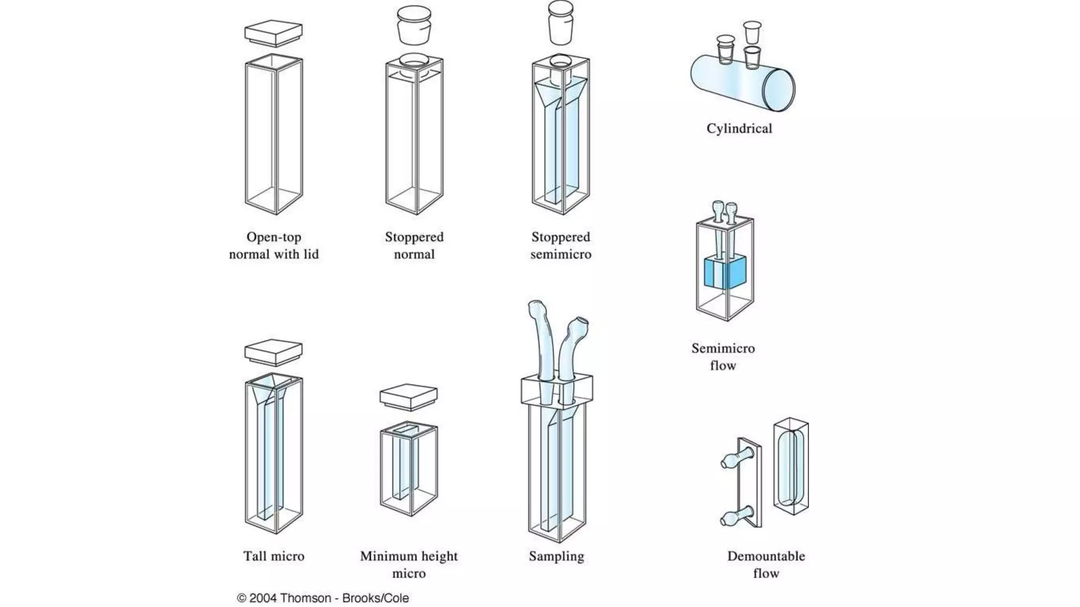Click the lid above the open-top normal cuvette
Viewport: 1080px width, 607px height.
click(274, 33)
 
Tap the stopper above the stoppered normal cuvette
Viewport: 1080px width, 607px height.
click(414, 25)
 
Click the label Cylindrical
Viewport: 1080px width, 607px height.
click(739, 129)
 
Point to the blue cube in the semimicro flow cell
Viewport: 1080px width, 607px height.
click(725, 273)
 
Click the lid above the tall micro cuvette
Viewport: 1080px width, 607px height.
click(274, 352)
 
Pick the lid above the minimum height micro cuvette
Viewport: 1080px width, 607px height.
click(409, 397)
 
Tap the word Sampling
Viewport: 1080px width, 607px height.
click(556, 556)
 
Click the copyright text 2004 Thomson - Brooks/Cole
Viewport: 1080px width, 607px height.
click(323, 598)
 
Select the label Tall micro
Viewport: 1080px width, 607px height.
click(274, 556)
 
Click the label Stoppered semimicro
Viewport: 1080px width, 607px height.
click(561, 246)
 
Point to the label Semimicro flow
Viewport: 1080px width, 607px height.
click(723, 357)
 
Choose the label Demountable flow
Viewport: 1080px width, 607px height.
click(766, 564)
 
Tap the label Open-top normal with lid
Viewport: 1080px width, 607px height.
click(274, 246)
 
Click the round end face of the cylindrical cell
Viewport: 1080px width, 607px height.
click(779, 90)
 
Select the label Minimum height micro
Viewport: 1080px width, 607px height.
click(409, 564)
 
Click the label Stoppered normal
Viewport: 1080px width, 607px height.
click(414, 246)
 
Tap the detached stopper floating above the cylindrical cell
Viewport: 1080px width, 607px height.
click(753, 32)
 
